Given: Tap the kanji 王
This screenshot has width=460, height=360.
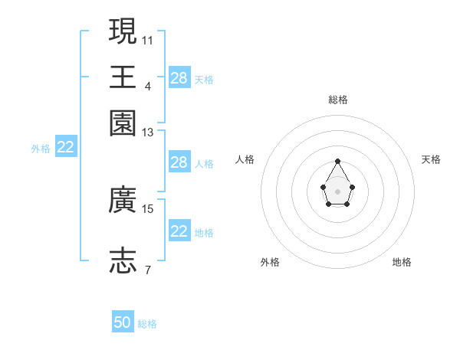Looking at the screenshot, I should [123, 77].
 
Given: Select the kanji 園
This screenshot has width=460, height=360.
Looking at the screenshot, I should [123, 123].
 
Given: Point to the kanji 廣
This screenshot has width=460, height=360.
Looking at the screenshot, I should [123, 201].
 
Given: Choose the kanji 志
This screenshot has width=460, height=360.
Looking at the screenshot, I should [123, 261].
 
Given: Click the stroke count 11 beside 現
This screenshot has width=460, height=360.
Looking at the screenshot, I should [148, 39].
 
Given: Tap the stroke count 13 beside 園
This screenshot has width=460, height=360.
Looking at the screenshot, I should [148, 133].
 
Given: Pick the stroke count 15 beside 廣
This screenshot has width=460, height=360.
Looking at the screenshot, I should [148, 208].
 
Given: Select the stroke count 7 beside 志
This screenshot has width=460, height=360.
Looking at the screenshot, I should [148, 270].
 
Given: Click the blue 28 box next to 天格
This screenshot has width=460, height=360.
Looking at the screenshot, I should [179, 78].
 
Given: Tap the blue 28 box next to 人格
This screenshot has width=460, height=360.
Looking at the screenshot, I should [179, 162].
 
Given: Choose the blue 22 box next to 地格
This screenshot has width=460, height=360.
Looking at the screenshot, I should [179, 231].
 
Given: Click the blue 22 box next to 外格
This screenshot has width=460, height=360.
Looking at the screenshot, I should [66, 148].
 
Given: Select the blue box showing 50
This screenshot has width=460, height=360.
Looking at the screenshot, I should [123, 322].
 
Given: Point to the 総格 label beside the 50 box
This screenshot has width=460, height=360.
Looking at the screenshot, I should [147, 324].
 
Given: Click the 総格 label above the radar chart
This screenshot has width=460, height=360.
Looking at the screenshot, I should [338, 100].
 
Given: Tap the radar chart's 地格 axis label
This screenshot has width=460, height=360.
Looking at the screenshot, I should [402, 262].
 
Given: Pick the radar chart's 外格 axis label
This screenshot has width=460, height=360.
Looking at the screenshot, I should [270, 262].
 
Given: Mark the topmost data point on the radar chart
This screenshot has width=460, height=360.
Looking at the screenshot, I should [338, 161].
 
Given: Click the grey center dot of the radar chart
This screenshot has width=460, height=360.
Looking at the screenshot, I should [338, 191].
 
